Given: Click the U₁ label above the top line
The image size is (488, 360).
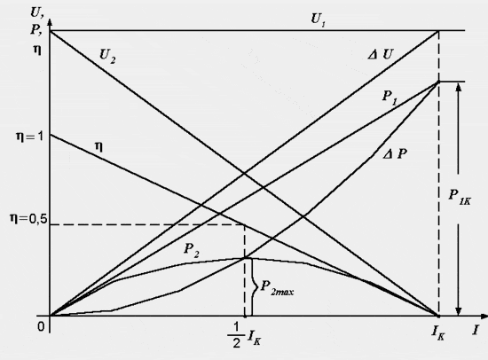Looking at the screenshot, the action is (318, 20).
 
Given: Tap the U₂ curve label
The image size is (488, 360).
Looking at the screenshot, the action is (107, 57).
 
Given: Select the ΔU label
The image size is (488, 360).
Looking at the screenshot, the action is (381, 55).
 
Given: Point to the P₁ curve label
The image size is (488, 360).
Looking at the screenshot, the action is (390, 98).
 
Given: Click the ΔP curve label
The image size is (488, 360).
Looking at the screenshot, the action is (395, 154).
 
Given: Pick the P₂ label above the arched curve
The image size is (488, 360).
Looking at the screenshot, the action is (192, 250).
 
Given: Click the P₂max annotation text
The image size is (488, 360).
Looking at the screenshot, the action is (277, 288).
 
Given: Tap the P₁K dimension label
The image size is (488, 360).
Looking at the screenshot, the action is (460, 197).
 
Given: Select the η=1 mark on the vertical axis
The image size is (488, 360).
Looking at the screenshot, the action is (29, 137).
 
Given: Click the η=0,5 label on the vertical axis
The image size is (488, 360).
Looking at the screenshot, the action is (28, 219).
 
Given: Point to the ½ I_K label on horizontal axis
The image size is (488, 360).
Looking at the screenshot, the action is (244, 335).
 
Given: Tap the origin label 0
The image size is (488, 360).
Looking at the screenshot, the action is (41, 326).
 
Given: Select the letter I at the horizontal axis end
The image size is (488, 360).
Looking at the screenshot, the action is (476, 330).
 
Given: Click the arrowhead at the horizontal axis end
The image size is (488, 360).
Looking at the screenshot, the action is (484, 317).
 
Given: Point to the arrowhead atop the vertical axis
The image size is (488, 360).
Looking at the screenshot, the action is (50, 23).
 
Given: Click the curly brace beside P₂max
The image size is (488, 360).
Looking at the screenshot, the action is (254, 286).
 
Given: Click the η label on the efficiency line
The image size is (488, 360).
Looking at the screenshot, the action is (98, 146).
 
